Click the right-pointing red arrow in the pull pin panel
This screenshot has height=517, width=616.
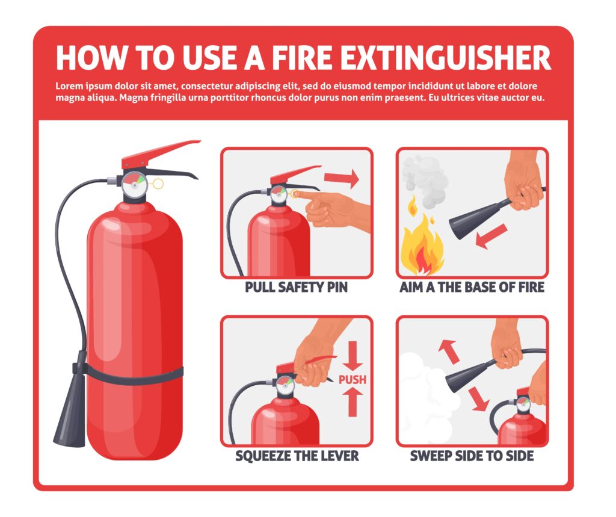(x=341, y=178)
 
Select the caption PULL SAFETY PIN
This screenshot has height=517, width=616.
(x=296, y=288)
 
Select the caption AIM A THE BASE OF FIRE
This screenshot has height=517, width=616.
(x=472, y=288)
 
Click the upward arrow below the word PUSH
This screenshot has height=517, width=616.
(x=353, y=401)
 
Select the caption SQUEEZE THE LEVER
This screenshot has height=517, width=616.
(x=297, y=456)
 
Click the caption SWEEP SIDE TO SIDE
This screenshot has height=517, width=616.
(x=472, y=456)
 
